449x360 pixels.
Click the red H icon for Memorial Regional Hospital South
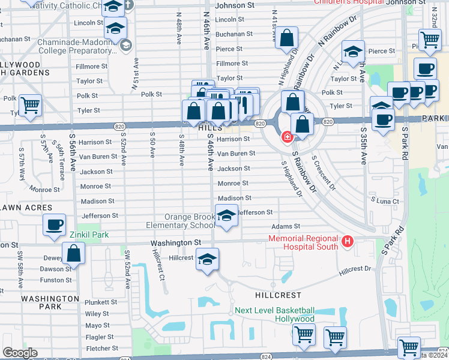(x=346, y=242)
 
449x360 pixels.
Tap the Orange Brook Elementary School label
(x=181, y=221)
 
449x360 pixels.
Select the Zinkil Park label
(x=88, y=235)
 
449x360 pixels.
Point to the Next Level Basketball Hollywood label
(x=274, y=314)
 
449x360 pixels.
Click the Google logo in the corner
(x=19, y=353)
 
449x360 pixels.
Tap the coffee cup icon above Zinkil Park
(x=54, y=225)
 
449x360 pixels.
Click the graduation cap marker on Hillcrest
(x=207, y=259)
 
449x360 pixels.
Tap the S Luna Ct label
(x=385, y=200)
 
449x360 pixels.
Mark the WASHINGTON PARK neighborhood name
(x=50, y=302)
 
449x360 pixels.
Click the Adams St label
(x=285, y=227)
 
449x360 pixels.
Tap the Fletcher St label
(x=101, y=349)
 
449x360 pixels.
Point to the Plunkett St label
(x=101, y=302)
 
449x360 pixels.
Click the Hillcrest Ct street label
(x=160, y=265)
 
